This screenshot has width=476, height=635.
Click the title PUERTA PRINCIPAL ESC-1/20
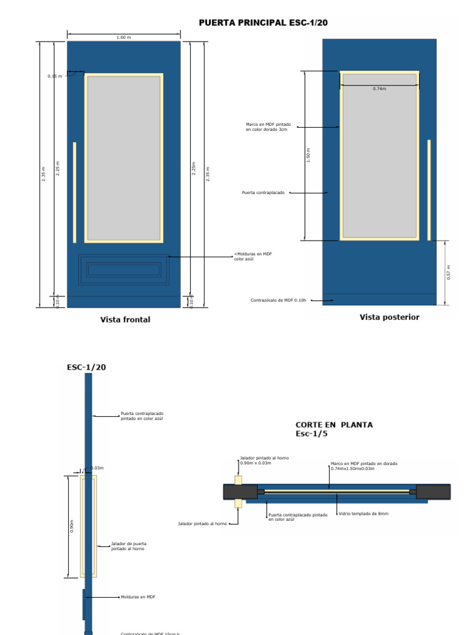263,23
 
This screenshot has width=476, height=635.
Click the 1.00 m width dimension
124,37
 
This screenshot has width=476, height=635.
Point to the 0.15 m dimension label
55,76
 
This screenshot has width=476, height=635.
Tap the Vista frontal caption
125,320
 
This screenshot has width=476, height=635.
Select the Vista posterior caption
389,317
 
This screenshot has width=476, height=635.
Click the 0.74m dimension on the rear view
379,89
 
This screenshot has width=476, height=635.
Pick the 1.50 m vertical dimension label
308,155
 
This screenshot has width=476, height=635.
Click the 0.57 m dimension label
449,272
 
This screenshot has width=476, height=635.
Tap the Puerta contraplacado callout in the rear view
263,193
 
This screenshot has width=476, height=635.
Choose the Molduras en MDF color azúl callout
253,256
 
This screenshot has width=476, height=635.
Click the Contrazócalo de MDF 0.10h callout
279,301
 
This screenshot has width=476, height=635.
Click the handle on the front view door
75,192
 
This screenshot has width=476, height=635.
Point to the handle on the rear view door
428,190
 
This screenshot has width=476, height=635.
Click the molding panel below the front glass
124,270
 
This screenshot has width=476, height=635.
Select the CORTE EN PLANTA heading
334,425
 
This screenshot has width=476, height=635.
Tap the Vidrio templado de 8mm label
364,514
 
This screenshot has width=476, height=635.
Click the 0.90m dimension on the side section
72,526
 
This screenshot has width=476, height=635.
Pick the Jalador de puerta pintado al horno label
129,546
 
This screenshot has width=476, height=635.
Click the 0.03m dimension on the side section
97,468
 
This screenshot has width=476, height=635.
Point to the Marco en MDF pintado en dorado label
364,466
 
